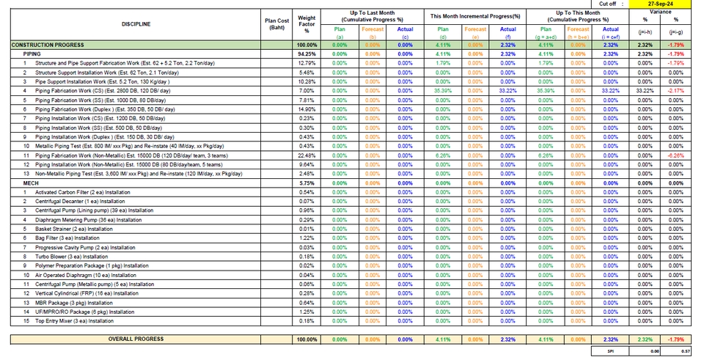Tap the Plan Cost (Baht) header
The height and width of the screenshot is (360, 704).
(x=277, y=24)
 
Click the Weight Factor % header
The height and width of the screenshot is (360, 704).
(x=307, y=24)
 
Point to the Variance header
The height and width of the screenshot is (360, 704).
(x=661, y=12)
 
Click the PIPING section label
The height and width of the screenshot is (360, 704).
(x=32, y=54)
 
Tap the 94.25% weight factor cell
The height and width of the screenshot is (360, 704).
(x=307, y=54)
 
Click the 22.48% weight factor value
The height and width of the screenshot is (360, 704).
(x=307, y=155)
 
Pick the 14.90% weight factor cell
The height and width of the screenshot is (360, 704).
(x=307, y=109)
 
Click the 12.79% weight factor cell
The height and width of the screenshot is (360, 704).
(x=307, y=63)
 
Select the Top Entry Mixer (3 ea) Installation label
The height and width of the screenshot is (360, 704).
(x=74, y=320)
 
